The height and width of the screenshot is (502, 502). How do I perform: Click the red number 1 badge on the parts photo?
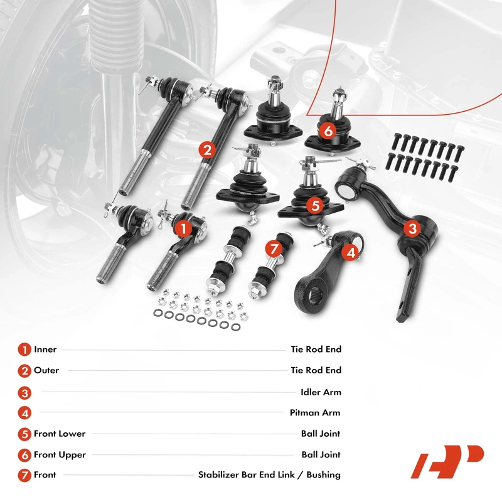[183, 228]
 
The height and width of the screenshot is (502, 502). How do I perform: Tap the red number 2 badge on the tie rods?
[207, 149]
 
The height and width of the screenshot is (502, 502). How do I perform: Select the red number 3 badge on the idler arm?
[412, 228]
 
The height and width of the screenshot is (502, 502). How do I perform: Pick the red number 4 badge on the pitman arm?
[351, 253]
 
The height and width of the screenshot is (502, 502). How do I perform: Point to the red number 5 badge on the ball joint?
[315, 205]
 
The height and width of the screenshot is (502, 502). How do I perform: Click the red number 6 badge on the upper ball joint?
[328, 131]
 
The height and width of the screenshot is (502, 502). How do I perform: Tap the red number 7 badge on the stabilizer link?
[274, 248]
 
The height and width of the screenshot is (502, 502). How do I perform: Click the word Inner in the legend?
[45, 349]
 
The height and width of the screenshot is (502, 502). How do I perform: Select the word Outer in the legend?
[46, 370]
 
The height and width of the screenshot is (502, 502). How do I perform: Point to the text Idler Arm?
[321, 392]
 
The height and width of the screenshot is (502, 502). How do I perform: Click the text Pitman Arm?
[315, 412]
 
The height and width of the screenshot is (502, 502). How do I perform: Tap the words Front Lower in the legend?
[60, 434]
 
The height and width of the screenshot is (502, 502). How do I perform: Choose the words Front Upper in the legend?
[60, 455]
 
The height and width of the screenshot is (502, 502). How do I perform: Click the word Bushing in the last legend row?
[323, 475]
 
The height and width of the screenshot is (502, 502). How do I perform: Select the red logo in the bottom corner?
[447, 462]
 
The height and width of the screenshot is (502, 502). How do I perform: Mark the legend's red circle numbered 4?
[24, 413]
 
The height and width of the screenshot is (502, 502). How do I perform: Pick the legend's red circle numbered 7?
[24, 475]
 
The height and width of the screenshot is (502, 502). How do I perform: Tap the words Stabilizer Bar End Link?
[246, 474]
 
